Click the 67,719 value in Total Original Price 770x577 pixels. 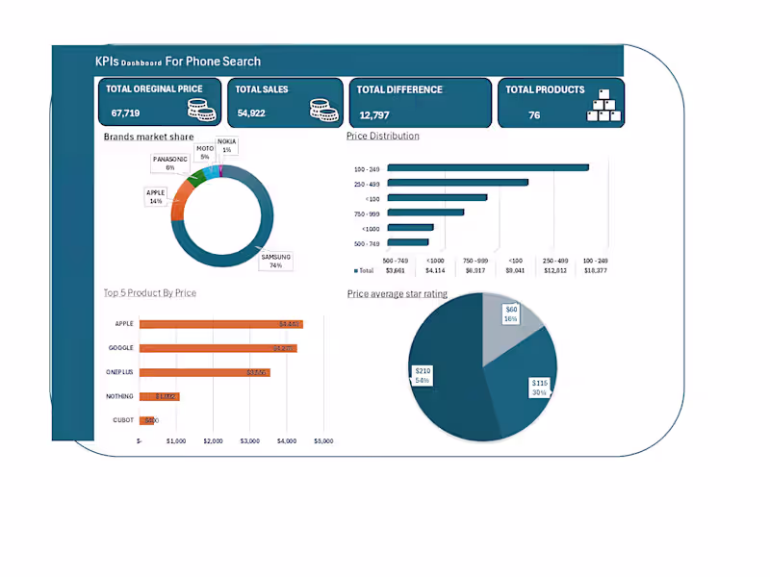(x=126, y=113)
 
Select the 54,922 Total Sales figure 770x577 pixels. (x=251, y=113)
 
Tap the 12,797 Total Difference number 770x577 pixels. (x=374, y=114)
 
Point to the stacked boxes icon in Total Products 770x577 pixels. (x=603, y=108)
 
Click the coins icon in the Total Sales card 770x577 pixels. (x=325, y=109)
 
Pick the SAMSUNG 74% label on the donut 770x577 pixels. (x=275, y=261)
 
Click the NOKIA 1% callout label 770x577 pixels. (x=226, y=145)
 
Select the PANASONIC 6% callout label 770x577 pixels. (x=169, y=163)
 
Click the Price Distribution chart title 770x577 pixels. (x=382, y=137)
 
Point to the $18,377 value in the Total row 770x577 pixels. (x=596, y=271)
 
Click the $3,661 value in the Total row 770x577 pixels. (x=395, y=271)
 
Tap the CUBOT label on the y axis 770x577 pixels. (x=124, y=420)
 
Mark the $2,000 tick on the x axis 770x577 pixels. (x=213, y=441)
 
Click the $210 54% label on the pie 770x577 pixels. (x=422, y=375)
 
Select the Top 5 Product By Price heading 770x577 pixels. (x=149, y=292)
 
